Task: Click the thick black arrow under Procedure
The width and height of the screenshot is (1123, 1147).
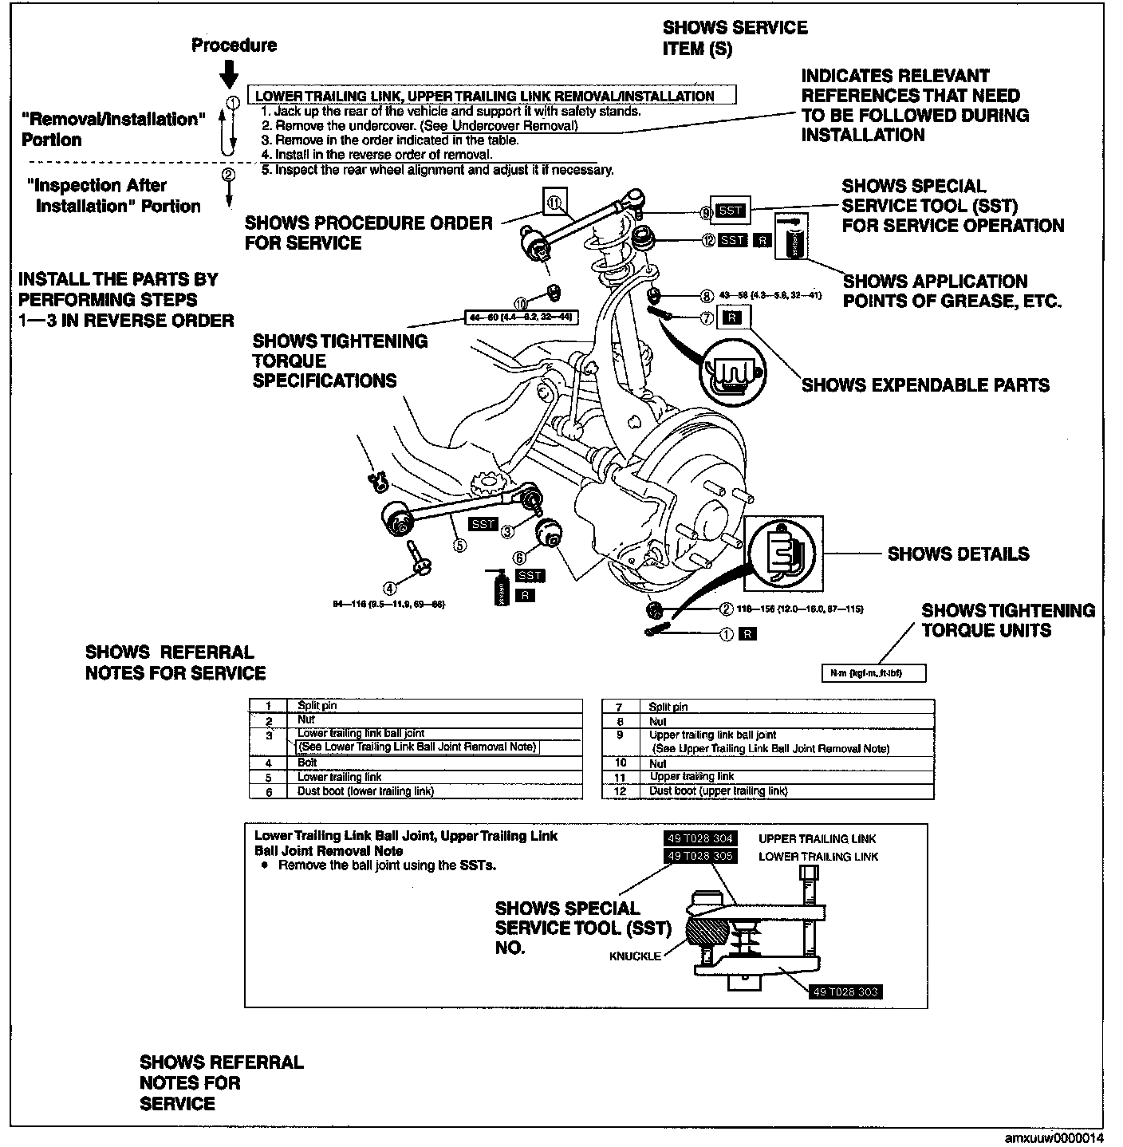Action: [x=229, y=74]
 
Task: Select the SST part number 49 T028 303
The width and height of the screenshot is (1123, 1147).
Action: [x=845, y=992]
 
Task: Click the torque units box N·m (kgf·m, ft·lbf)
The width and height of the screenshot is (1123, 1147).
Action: [x=873, y=674]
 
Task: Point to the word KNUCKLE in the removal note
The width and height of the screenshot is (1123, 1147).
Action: [x=635, y=956]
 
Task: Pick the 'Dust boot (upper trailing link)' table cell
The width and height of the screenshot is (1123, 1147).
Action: [x=718, y=791]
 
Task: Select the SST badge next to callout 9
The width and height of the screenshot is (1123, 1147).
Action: [x=730, y=211]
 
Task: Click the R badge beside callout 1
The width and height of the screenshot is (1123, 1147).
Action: [x=747, y=635]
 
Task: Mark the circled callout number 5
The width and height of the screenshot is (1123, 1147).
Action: [x=459, y=546]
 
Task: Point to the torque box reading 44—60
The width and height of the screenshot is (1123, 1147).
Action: [x=520, y=317]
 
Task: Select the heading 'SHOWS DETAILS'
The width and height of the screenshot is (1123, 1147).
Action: [x=958, y=554]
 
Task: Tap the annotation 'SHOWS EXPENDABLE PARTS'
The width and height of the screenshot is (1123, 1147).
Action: [x=925, y=385]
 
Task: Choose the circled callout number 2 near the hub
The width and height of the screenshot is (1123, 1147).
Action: [x=726, y=609]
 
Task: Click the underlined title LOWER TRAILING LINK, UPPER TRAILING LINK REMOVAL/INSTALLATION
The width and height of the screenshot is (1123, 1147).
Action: [x=484, y=96]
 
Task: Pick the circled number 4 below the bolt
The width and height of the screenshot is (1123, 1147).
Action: [x=389, y=589]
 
